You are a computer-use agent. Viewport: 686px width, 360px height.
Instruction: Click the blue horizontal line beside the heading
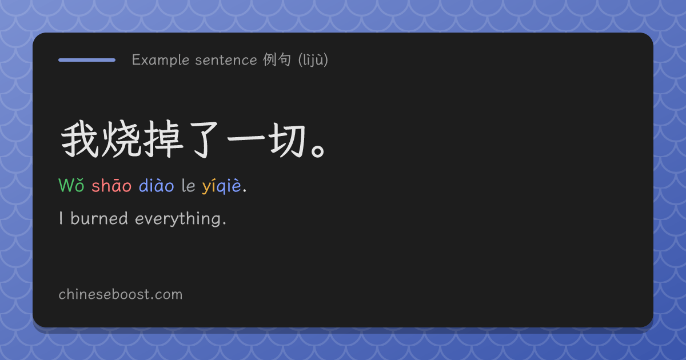(x=87, y=60)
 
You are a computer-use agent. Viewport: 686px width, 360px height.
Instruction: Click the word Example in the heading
(x=161, y=60)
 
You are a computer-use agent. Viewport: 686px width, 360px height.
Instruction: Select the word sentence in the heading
(x=226, y=60)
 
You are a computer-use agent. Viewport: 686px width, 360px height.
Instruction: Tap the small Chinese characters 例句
(x=277, y=59)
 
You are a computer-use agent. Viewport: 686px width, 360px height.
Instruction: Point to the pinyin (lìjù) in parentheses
(x=313, y=60)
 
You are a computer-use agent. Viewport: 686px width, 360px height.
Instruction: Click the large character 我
(x=79, y=139)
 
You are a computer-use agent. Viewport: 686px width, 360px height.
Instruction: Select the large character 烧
(x=121, y=139)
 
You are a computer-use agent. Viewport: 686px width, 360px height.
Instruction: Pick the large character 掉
(x=163, y=139)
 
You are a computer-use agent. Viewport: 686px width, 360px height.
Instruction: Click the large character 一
(x=246, y=138)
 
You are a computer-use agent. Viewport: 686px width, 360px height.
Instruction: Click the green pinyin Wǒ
(x=71, y=185)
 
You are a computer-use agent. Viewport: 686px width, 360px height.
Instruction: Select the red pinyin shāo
(x=111, y=185)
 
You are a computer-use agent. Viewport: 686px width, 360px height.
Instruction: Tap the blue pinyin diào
(x=156, y=185)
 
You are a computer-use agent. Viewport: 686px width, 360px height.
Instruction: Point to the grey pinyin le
(x=188, y=185)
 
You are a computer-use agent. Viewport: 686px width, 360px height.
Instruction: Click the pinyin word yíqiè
(x=221, y=186)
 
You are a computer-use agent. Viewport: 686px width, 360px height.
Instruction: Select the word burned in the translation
(x=99, y=218)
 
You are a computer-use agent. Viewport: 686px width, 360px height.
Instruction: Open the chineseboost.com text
(x=121, y=294)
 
